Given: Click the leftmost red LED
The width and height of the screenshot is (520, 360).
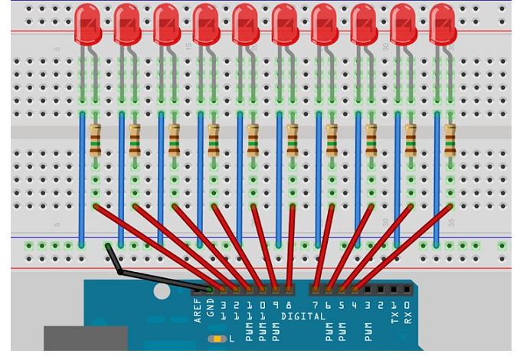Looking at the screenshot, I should coord(87,25).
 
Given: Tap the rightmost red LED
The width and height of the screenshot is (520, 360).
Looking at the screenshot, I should coord(443,25).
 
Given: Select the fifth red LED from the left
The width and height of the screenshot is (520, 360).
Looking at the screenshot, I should coord(245,25).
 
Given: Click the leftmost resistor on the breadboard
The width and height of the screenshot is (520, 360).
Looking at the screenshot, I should coord(96,139).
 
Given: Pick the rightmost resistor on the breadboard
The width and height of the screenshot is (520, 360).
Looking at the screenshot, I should coord(450,139).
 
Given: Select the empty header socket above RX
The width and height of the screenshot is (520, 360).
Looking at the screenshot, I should coord(407,290).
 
